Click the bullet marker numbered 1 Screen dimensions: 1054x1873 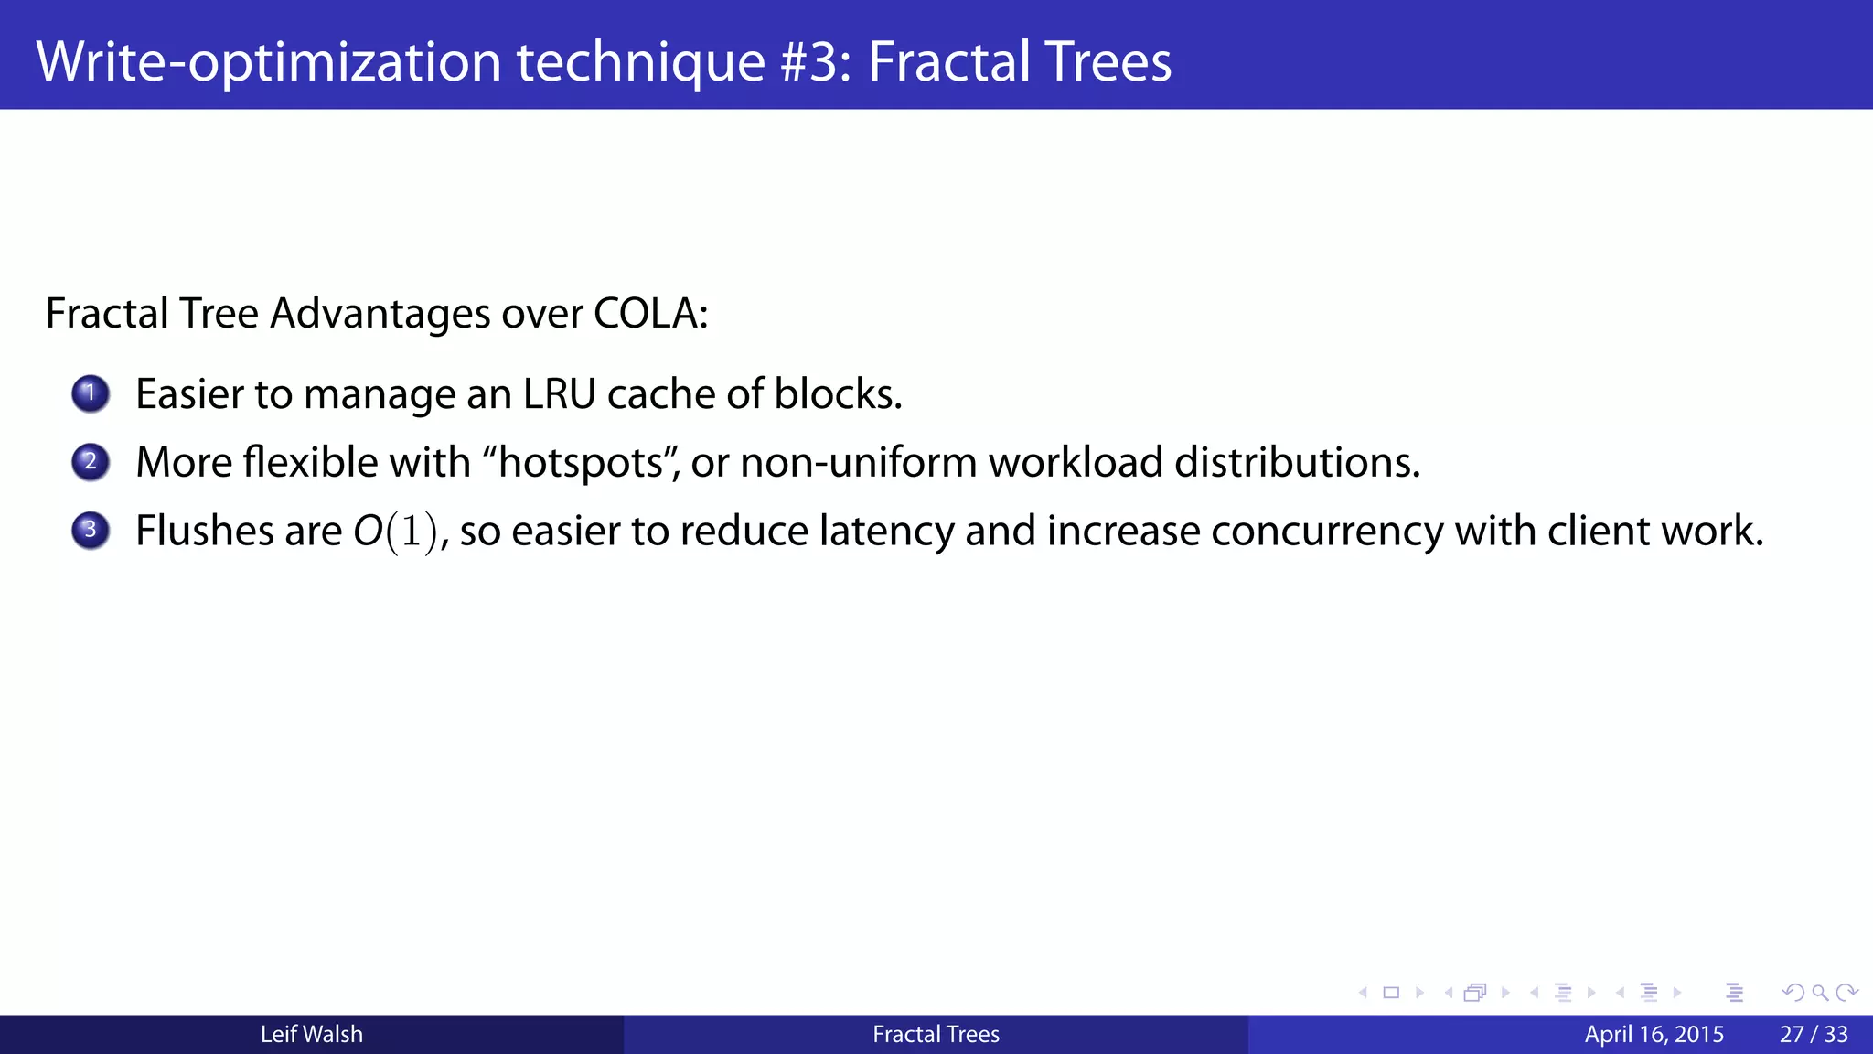[91, 394]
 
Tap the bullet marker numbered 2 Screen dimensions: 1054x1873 [91, 462]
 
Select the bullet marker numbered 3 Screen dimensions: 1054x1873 [91, 531]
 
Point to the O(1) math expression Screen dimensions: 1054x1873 [396, 532]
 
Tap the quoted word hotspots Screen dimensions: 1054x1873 [582, 463]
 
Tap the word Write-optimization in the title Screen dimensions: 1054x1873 [269, 61]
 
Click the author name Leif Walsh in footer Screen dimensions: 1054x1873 [312, 1035]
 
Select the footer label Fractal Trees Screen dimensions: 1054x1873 [936, 1035]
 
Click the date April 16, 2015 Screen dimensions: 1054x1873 [1654, 1035]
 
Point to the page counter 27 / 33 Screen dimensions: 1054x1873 [1814, 1035]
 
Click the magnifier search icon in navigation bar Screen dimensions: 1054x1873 [1820, 993]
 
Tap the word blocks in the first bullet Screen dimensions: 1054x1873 [837, 394]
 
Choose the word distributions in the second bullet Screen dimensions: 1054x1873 [1297, 463]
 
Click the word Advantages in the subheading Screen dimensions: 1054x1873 [380, 314]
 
